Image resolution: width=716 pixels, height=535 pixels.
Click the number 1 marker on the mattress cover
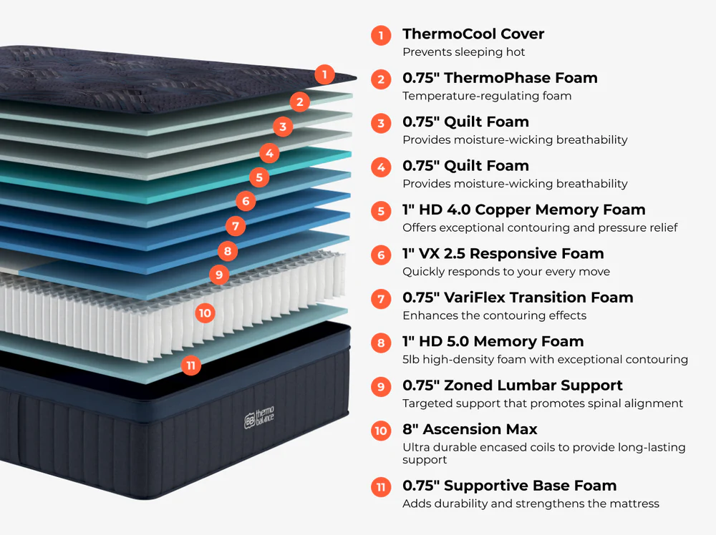(x=324, y=74)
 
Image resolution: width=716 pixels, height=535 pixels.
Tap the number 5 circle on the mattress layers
(x=259, y=177)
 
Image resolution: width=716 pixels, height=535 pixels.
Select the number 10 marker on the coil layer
(x=205, y=313)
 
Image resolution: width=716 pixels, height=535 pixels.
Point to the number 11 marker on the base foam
(x=191, y=365)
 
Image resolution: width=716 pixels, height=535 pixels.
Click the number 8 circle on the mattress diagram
(x=228, y=251)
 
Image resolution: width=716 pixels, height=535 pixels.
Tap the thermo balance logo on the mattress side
(x=259, y=417)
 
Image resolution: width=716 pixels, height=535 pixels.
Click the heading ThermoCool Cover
(x=473, y=34)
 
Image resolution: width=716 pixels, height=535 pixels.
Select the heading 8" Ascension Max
(x=470, y=429)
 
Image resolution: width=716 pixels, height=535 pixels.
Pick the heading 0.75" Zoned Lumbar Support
(x=513, y=386)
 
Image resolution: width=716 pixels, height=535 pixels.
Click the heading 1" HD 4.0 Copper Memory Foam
(x=524, y=210)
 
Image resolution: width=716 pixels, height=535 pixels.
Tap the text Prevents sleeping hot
(x=463, y=52)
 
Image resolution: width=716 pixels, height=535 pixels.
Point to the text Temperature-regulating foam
(x=487, y=96)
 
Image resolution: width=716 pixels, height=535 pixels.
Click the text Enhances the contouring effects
(x=494, y=315)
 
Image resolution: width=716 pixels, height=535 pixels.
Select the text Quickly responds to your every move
(x=506, y=272)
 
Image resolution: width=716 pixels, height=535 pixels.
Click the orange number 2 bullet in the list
(x=381, y=79)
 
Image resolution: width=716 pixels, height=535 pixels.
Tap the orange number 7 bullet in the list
(x=381, y=299)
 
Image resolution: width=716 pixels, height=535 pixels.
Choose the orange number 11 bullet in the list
(x=381, y=487)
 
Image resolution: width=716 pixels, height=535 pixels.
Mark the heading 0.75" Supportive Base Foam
(x=509, y=486)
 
